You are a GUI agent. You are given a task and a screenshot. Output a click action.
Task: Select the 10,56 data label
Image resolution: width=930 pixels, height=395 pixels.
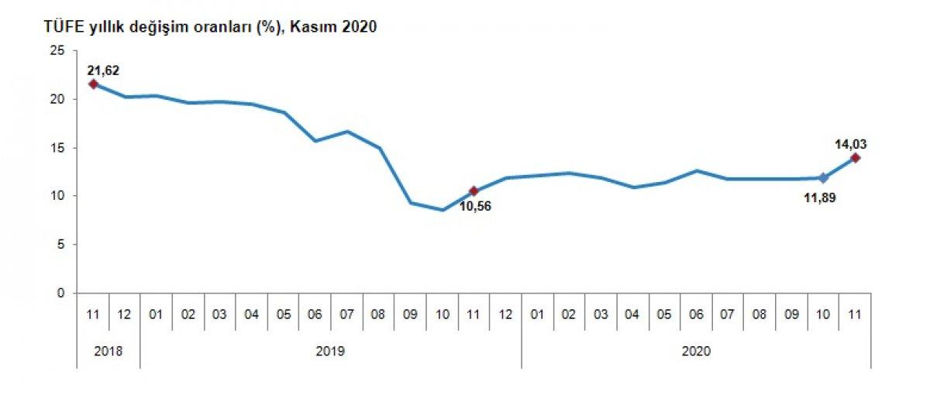[476, 206]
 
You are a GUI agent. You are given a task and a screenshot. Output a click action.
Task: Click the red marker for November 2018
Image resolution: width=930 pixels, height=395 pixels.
[93, 84]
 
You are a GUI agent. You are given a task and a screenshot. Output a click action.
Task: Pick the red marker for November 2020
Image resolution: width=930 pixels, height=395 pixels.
[855, 158]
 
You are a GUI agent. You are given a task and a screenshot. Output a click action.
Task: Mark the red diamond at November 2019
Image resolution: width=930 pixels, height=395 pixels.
[474, 191]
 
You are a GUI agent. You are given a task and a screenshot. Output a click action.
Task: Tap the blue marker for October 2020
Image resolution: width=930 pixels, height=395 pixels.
[823, 178]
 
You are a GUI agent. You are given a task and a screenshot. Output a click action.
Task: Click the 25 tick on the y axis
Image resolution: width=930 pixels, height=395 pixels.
[57, 50]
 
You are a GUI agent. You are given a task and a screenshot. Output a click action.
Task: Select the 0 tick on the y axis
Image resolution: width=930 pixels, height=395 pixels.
[60, 293]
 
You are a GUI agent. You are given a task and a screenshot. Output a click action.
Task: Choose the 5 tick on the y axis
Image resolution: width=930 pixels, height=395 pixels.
[60, 245]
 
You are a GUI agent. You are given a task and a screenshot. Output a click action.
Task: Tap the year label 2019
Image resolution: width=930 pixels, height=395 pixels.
[330, 351]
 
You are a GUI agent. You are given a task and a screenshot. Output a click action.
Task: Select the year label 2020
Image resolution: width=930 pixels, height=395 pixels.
[696, 351]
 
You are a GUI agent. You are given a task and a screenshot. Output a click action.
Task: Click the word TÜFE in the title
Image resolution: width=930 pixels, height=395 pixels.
[46, 27]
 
